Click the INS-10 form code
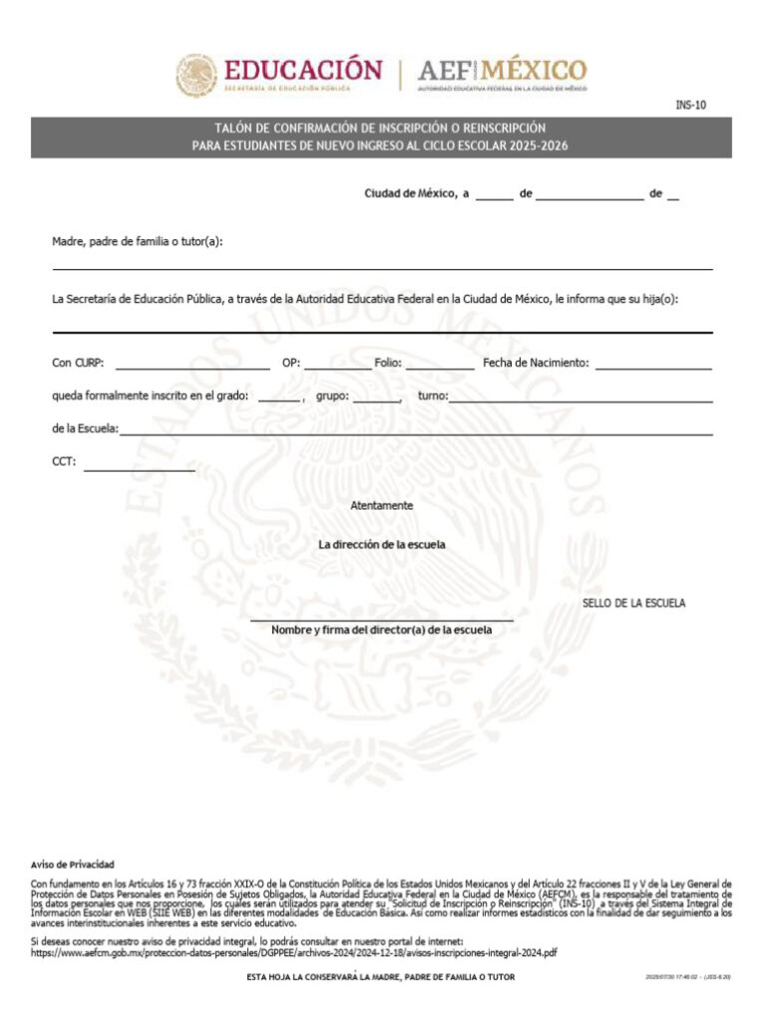tap(690, 105)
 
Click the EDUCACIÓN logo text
tap(302, 71)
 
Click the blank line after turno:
tap(580, 398)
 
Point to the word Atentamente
tap(381, 507)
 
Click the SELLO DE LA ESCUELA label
tap(633, 604)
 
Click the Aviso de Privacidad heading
tap(73, 863)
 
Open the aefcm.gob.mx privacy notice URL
tap(293, 953)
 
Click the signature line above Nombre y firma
tap(381, 619)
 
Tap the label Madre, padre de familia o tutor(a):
tap(138, 241)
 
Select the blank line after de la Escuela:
tap(416, 431)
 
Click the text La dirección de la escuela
tap(381, 545)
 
